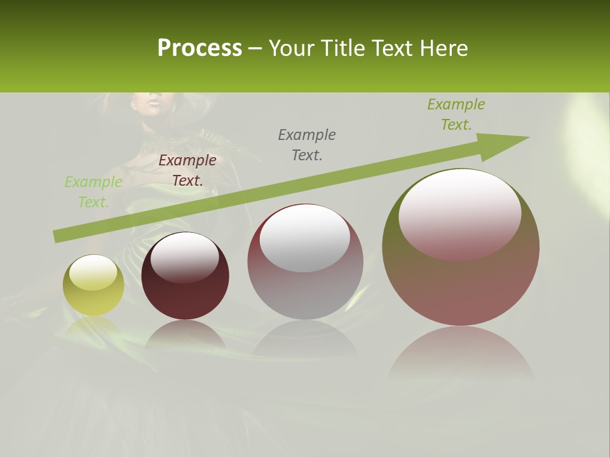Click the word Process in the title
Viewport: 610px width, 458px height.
pyautogui.click(x=200, y=48)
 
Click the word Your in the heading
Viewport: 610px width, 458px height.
pyautogui.click(x=292, y=48)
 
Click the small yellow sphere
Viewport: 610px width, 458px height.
pyautogui.click(x=93, y=285)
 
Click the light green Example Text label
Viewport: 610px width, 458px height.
pyautogui.click(x=93, y=192)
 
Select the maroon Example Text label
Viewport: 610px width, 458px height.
pyautogui.click(x=187, y=170)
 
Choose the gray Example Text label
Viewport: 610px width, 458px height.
pyautogui.click(x=307, y=144)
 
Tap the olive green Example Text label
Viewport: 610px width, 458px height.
pyautogui.click(x=456, y=114)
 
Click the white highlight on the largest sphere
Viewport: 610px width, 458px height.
pyautogui.click(x=459, y=210)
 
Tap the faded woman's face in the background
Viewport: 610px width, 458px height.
pyautogui.click(x=152, y=102)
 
